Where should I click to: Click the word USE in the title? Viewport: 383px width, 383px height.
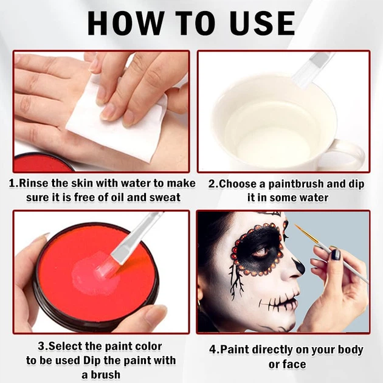click(x=263, y=24)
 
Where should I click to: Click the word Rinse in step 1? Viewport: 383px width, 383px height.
click(x=33, y=183)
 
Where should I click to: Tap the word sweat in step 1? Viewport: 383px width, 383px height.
click(x=165, y=198)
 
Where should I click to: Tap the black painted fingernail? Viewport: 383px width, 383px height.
click(x=336, y=255)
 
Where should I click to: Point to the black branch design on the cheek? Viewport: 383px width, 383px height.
click(x=235, y=281)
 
